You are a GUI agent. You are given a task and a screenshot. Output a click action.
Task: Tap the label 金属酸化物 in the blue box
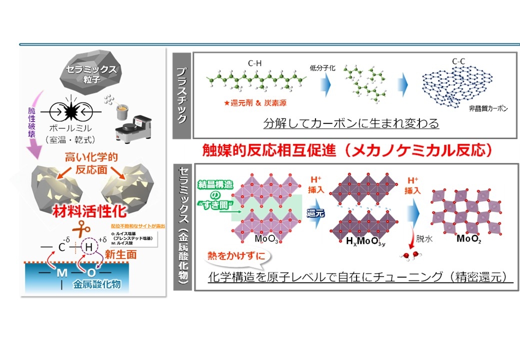pos(96,285)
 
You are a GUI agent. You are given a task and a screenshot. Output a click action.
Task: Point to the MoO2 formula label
pos(470,238)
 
